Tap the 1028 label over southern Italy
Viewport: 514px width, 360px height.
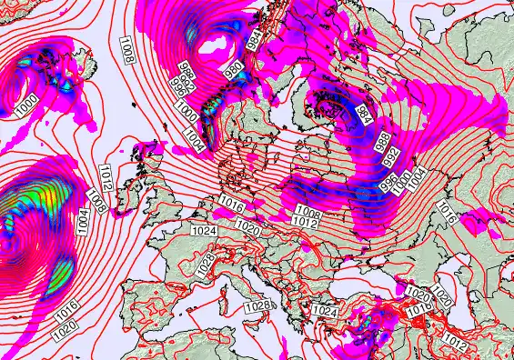coord(257,306)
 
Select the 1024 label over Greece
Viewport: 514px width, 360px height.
coord(326,312)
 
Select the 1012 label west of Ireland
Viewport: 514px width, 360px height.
coord(106,175)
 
